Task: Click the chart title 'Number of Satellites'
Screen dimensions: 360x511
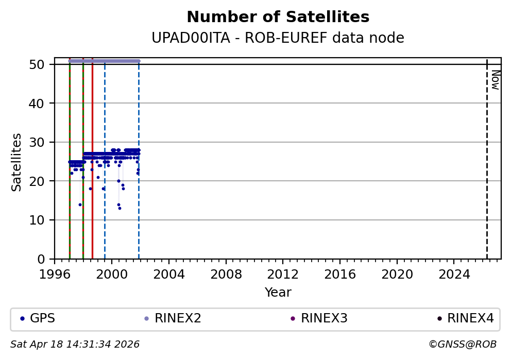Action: pos(278,17)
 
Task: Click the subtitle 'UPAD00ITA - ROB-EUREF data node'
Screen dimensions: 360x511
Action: pos(278,38)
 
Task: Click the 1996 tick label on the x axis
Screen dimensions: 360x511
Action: pos(55,274)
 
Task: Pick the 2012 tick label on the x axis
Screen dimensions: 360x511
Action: pos(283,274)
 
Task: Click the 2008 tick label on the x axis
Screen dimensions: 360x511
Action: pos(226,274)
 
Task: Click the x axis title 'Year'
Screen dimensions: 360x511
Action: pos(278,293)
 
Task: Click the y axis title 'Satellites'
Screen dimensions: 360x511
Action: pos(17,162)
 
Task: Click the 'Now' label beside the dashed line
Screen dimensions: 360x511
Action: pos(495,80)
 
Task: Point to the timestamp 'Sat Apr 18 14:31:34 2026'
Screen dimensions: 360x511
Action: pos(75,344)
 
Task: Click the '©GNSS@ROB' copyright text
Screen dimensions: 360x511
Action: pos(462,344)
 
